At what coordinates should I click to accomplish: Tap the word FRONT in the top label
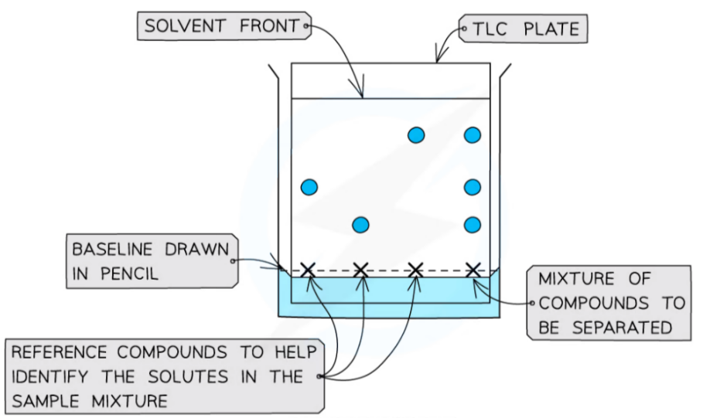(268, 27)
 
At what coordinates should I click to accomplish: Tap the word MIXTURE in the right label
(578, 278)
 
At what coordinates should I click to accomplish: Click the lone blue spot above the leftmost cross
(309, 186)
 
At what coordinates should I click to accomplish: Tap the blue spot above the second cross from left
(360, 225)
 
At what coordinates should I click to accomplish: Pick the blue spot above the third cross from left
(416, 135)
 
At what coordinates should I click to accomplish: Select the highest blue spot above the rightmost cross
(473, 135)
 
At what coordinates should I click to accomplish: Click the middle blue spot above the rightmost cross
(473, 186)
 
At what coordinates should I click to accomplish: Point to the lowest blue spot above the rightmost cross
(473, 225)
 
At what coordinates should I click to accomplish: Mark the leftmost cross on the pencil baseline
(308, 270)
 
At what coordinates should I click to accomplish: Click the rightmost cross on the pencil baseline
(473, 270)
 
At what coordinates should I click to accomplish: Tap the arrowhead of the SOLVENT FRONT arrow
(362, 95)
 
